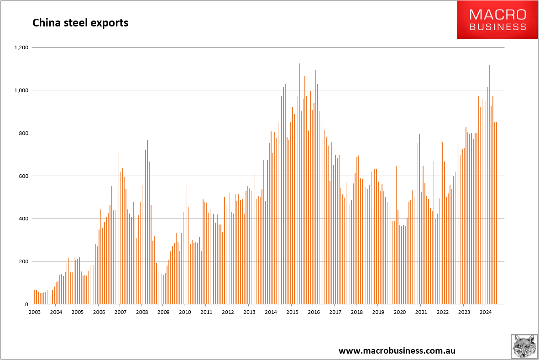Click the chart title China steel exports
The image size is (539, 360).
tap(80, 22)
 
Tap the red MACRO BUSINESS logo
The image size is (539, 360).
tap(497, 20)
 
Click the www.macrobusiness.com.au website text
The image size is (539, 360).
tap(397, 350)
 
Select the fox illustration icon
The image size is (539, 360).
tap(524, 346)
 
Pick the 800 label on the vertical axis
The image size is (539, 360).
tap(23, 133)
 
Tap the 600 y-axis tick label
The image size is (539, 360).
tap(23, 176)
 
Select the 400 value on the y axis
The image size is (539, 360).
tap(23, 219)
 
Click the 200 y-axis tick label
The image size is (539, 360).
tap(23, 261)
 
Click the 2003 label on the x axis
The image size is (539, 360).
tap(34, 312)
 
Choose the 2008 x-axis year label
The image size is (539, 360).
tap(141, 312)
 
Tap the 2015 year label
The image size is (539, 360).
tap(292, 312)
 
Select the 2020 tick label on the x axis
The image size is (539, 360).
tap(399, 312)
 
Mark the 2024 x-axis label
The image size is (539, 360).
tap(485, 312)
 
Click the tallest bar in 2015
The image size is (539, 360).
tap(299, 183)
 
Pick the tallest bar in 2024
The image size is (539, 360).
tap(489, 183)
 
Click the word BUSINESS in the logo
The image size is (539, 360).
tap(497, 27)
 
